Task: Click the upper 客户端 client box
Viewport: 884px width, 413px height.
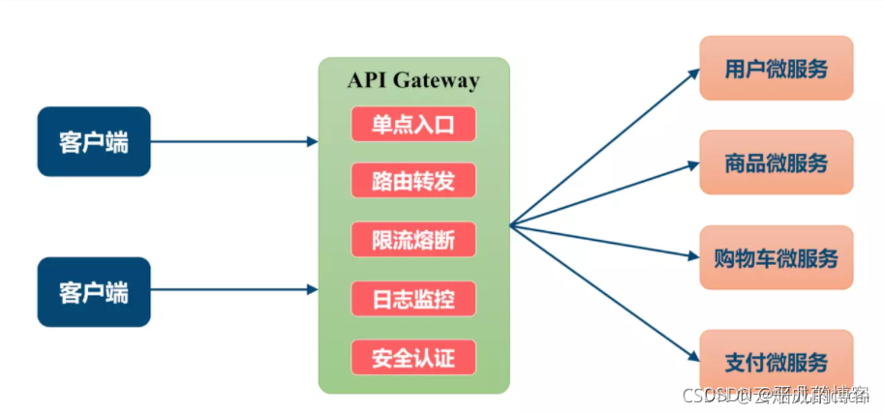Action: (x=93, y=141)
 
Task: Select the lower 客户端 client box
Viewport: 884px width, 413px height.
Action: (x=93, y=291)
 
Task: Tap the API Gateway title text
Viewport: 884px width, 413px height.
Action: (x=413, y=80)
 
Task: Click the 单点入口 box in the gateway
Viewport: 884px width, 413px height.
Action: (x=413, y=123)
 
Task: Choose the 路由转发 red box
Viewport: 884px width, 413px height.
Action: (x=413, y=180)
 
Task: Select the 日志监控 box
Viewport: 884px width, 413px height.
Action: (x=413, y=298)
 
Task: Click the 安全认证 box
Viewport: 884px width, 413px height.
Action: (x=413, y=358)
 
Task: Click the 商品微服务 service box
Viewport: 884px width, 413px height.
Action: (x=776, y=162)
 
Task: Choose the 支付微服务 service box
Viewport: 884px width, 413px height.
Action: (x=776, y=361)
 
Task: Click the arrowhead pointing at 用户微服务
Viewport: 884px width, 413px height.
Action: (x=693, y=72)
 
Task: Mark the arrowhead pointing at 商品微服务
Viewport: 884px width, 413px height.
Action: (x=693, y=164)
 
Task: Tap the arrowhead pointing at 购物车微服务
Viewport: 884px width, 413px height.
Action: (x=693, y=257)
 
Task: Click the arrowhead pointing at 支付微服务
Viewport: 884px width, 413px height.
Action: (x=693, y=358)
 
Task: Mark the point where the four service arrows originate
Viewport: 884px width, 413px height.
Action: (x=511, y=227)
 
